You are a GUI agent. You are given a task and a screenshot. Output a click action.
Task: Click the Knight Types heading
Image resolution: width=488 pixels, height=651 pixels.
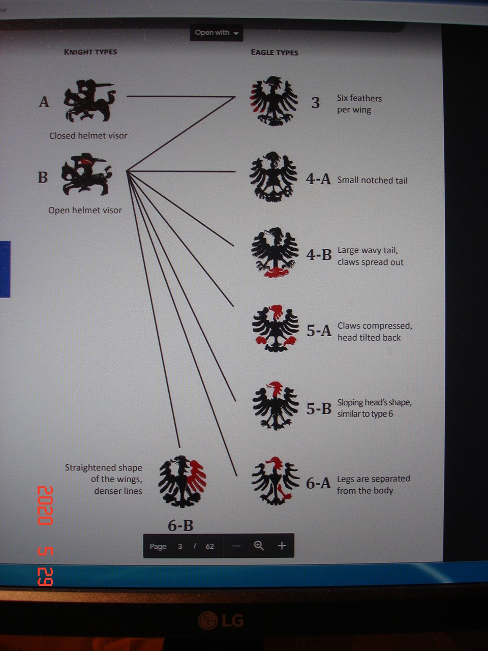(90, 52)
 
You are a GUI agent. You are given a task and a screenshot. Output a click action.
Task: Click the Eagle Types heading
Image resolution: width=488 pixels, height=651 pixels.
(274, 52)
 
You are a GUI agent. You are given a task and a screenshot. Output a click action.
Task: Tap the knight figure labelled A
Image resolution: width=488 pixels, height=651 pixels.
(89, 101)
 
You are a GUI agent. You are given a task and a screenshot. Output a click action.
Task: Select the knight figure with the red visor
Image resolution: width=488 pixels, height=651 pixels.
(86, 174)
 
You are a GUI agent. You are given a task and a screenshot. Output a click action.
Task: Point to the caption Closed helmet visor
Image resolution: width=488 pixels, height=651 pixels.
(88, 136)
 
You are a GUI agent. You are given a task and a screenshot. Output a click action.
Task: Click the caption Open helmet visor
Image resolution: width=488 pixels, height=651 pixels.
(85, 210)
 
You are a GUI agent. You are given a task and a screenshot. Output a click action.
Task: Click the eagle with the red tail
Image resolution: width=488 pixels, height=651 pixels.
(274, 252)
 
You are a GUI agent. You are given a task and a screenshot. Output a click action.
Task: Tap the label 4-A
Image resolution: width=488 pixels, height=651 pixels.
(318, 179)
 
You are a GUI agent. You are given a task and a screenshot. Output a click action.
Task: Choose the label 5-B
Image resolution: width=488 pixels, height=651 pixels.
(319, 408)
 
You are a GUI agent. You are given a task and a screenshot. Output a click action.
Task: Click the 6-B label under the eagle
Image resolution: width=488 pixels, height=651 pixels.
(180, 525)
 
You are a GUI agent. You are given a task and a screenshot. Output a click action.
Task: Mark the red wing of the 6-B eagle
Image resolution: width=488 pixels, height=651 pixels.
(196, 477)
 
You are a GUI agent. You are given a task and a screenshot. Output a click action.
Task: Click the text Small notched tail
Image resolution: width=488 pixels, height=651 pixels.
(373, 181)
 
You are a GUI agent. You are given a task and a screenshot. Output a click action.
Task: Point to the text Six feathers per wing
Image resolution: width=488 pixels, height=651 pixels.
(359, 104)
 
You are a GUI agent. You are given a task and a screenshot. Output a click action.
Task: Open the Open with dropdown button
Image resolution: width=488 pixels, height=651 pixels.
(217, 33)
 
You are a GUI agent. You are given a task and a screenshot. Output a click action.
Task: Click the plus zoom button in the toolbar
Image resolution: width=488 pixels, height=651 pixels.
(282, 545)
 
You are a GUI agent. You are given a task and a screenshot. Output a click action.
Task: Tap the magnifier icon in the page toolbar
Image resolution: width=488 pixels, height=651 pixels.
(259, 545)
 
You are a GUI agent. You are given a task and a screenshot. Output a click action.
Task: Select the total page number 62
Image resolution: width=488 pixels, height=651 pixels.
(210, 546)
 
